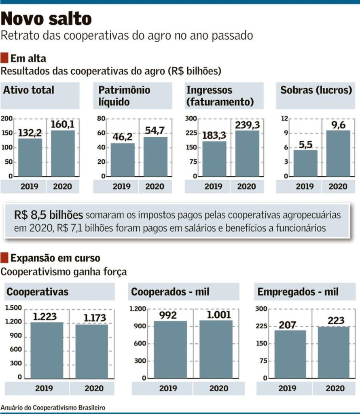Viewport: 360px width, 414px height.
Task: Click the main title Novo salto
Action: pyautogui.click(x=47, y=18)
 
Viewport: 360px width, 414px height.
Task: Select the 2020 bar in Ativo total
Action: pyautogui.click(x=63, y=154)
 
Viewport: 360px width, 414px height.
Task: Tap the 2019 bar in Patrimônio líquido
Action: pyautogui.click(x=123, y=160)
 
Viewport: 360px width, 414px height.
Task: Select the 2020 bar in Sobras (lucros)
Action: pyautogui.click(x=338, y=154)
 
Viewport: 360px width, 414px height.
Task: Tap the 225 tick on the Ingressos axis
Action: pyautogui.click(x=191, y=133)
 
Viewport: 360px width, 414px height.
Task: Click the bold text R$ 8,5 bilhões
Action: pyautogui.click(x=49, y=215)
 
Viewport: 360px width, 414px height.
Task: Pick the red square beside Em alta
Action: pyautogui.click(x=5, y=57)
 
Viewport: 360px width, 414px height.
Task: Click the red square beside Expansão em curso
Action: pyautogui.click(x=5, y=258)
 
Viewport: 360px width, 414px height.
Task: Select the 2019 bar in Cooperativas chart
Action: pyautogui.click(x=47, y=350)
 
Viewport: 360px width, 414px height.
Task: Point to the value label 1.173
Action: pyautogui.click(x=95, y=318)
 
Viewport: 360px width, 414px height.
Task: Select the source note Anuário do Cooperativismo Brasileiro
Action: pyautogui.click(x=53, y=408)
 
